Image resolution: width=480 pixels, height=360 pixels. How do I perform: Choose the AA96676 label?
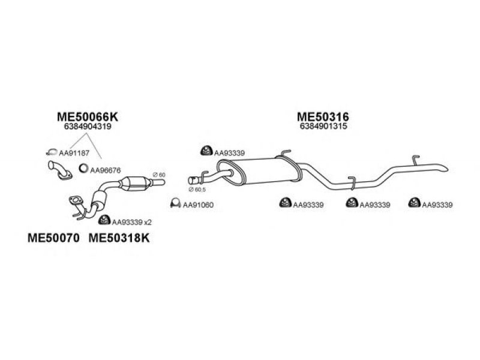click(106, 170)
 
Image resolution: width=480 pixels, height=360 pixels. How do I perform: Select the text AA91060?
click(198, 205)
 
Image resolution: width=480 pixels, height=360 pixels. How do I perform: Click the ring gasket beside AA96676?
click(84, 170)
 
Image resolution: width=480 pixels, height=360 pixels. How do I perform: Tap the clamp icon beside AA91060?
click(176, 204)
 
